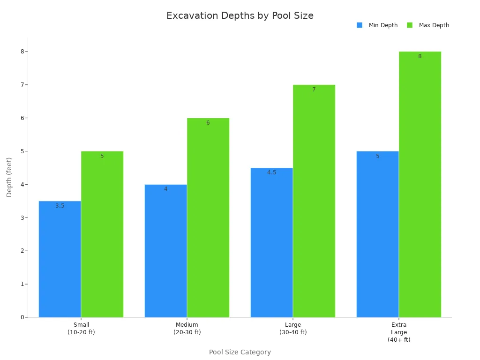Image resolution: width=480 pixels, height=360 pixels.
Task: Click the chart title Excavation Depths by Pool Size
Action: [240, 15]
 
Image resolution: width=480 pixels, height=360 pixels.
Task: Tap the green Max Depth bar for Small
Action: [102, 234]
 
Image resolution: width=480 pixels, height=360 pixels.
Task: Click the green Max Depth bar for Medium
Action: [208, 217]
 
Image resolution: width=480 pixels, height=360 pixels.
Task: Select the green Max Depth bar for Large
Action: [314, 201]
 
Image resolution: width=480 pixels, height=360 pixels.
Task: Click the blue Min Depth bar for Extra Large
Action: [378, 234]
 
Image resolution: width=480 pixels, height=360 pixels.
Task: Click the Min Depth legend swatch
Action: [360, 25]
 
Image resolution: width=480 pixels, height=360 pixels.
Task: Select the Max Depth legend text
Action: [434, 25]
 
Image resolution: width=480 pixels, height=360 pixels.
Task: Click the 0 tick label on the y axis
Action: [22, 317]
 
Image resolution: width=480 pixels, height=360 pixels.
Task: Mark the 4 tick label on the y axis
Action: [22, 185]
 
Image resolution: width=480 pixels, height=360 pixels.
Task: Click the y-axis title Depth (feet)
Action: [9, 177]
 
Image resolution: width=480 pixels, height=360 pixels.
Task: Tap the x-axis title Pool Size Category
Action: [240, 352]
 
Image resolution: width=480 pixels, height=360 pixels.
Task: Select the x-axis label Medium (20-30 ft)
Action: [187, 329]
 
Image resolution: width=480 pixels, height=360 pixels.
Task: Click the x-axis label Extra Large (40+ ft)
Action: [399, 332]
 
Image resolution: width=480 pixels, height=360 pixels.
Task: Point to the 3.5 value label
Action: [60, 206]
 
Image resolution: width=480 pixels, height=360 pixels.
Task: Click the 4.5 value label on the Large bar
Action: [272, 172]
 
